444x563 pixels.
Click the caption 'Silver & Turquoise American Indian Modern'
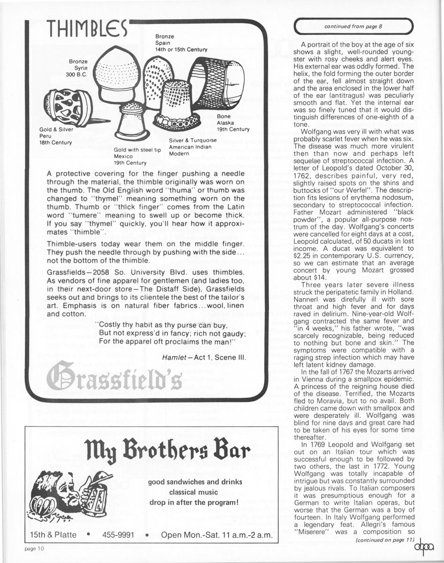(193, 146)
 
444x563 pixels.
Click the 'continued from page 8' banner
(353, 26)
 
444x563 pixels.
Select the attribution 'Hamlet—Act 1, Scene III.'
(204, 358)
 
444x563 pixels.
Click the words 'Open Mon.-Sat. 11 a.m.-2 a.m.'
(218, 535)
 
